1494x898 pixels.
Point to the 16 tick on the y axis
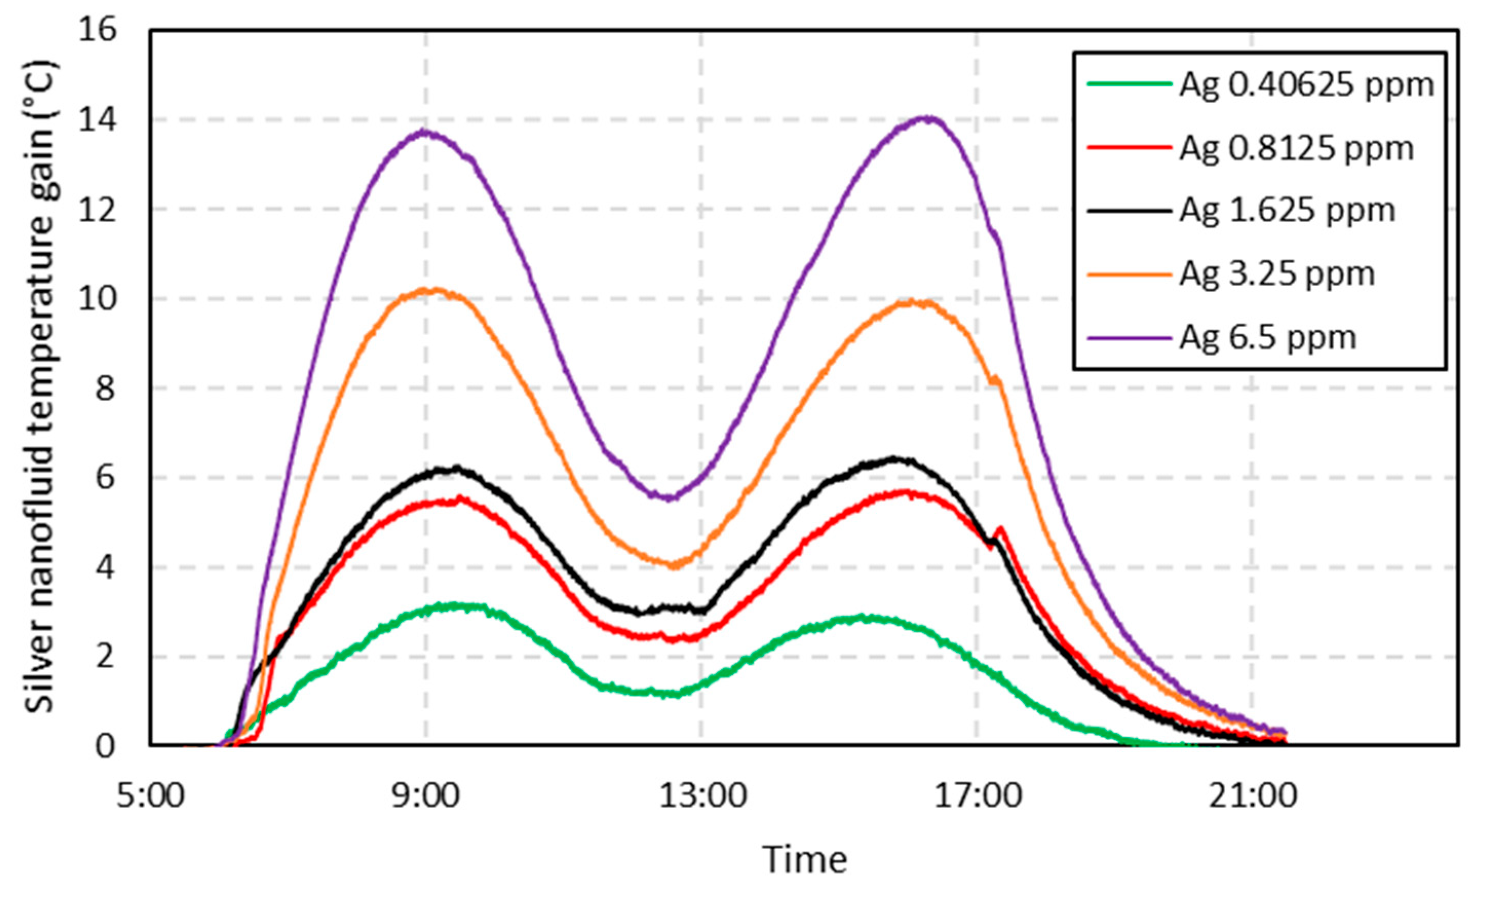pos(97,30)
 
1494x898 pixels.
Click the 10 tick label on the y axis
pos(97,299)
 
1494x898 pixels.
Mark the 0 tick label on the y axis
pos(105,747)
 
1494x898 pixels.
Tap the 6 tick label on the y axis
pos(105,478)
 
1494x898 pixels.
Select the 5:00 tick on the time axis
pos(150,796)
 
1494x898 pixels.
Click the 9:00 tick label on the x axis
pos(425,796)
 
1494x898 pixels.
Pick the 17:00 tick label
pos(977,796)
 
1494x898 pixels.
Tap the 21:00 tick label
pos(1253,796)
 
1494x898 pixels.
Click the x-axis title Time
pos(804,860)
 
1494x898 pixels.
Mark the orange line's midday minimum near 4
pos(673,565)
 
